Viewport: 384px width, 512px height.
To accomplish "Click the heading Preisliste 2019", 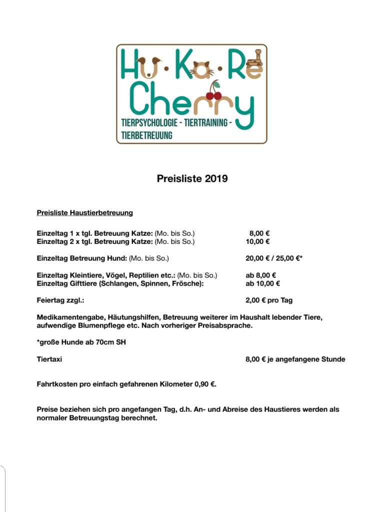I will pos(192,178).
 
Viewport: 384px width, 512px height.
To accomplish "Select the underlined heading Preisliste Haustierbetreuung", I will pos(84,212).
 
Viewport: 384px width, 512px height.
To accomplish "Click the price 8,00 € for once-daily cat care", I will pos(259,233).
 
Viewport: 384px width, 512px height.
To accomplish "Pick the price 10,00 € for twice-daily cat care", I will pos(257,241).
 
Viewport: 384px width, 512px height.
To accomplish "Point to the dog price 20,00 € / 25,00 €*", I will pos(274,258).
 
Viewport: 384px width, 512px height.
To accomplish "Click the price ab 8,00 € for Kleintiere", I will pos(261,275).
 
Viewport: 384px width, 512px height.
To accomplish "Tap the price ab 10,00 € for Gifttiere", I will pos(262,283).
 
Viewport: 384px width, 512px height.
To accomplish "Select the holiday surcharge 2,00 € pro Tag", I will pos(269,300).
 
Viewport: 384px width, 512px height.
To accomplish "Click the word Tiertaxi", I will pos(49,359).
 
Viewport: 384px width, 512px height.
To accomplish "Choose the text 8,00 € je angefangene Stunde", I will pos(295,359).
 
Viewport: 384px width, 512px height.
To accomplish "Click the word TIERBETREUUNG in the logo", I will pos(146,135).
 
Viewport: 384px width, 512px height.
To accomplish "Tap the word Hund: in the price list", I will pos(115,258).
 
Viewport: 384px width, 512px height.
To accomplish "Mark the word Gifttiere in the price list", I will pos(83,283).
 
